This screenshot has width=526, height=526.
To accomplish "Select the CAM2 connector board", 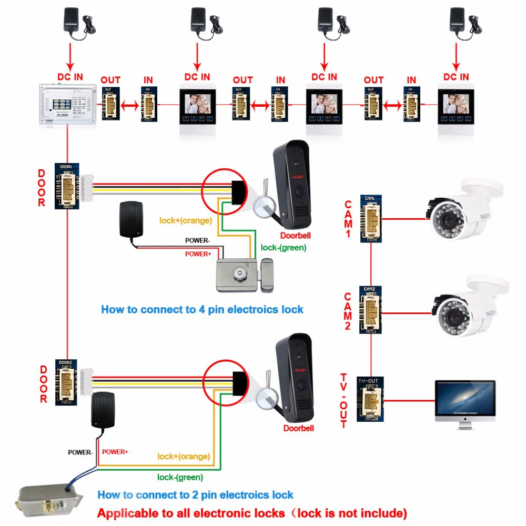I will [x=370, y=310].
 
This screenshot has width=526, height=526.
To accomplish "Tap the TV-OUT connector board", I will [x=370, y=399].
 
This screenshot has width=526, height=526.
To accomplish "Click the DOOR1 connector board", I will [x=67, y=186].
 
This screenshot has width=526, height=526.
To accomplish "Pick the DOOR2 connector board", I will [x=66, y=381].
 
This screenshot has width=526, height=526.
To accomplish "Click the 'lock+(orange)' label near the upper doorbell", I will [x=185, y=220].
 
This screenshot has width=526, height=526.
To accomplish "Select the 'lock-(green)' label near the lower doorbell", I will [x=180, y=477].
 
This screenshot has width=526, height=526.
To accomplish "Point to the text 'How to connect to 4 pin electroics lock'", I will [x=202, y=309].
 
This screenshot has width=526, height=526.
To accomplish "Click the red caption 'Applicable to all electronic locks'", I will [x=252, y=513].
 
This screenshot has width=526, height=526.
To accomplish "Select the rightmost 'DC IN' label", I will [x=456, y=77].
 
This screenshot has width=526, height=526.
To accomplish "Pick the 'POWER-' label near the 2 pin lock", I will [x=80, y=452].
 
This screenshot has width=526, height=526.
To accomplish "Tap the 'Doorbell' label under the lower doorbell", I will [x=298, y=428].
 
